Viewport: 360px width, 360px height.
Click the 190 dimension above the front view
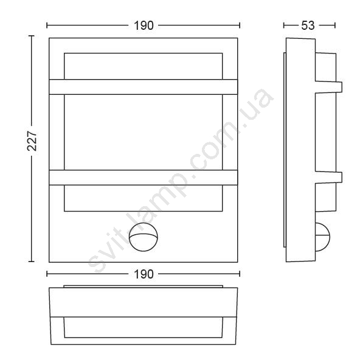[x=144, y=26]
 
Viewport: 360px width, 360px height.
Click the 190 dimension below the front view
[x=144, y=274]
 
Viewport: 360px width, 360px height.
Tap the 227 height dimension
[x=32, y=141]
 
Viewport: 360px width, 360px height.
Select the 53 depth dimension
[x=308, y=26]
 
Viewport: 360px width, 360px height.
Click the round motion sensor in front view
[x=144, y=237]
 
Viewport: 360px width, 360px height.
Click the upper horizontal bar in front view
[x=144, y=87]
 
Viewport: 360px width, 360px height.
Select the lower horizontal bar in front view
[x=144, y=178]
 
